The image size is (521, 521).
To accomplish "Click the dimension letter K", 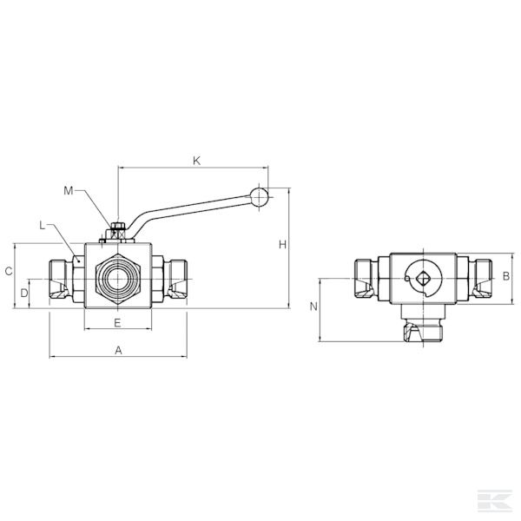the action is coord(197,161).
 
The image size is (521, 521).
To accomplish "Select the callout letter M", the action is coord(68,191).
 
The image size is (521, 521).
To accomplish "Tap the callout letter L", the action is coord(42,226).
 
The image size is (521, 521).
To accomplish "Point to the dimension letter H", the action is coord(282,245).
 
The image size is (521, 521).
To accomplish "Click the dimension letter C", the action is coord(9,272).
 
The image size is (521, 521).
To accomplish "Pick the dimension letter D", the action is coord(24,293).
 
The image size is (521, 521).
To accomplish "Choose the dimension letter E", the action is coord(117,323).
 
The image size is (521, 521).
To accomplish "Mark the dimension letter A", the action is coord(118,350).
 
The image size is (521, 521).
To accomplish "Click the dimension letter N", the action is coord(313,307).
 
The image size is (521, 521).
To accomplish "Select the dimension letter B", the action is coord(506,276).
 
